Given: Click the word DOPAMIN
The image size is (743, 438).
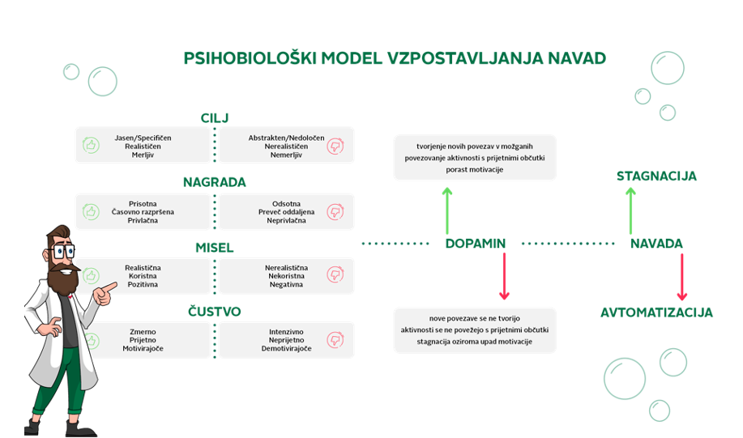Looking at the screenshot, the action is (x=476, y=244).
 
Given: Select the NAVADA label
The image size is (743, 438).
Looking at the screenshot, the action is (x=656, y=244).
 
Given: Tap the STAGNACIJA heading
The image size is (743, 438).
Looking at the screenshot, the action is (x=656, y=176).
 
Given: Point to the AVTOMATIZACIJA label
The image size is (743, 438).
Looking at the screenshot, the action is (x=656, y=313).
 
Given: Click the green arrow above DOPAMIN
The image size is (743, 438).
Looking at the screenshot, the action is (x=446, y=210).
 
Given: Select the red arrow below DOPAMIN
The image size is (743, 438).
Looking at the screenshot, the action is (x=504, y=276).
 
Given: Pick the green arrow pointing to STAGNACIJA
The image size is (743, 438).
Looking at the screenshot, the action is (x=630, y=210).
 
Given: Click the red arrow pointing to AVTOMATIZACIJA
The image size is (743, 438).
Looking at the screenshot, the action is (x=682, y=277).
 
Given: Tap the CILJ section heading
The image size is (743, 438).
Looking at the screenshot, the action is (x=215, y=118).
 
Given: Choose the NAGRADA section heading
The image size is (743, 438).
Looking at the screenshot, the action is (x=215, y=182).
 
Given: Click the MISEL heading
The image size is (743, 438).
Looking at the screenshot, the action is (x=215, y=248).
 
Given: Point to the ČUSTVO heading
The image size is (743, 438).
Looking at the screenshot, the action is (x=215, y=311).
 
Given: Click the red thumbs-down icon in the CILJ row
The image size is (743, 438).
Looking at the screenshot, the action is (x=335, y=146).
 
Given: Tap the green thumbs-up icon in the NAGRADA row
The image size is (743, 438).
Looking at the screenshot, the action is (x=91, y=211).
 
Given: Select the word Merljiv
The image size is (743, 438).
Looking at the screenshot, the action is (x=143, y=155).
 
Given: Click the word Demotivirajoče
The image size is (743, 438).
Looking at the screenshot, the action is (x=286, y=348).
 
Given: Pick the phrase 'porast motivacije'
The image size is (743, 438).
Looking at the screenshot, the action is (x=474, y=169).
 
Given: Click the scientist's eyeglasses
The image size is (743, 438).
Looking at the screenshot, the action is (x=62, y=251).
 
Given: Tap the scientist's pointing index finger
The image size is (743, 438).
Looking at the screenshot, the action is (x=110, y=287).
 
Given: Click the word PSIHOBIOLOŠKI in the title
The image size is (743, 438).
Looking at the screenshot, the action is (x=250, y=58).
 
